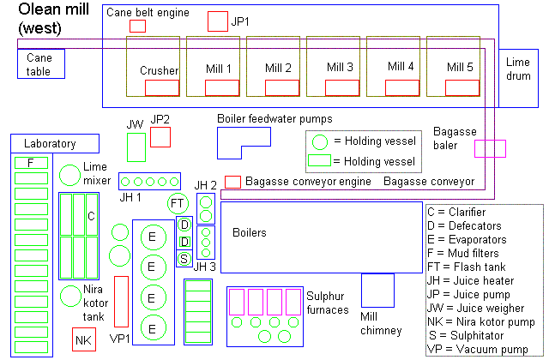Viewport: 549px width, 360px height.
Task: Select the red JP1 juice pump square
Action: (x=218, y=21)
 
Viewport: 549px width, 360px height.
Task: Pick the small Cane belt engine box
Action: (x=137, y=26)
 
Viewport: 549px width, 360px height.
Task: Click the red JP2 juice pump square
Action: (x=160, y=136)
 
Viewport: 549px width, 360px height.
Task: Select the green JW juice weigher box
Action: (x=136, y=147)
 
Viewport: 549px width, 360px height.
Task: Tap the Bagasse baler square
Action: (x=490, y=148)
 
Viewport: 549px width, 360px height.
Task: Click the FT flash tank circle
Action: (x=178, y=204)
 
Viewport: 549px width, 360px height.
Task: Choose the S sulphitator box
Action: (x=184, y=258)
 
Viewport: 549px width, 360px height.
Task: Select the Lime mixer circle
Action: (x=70, y=177)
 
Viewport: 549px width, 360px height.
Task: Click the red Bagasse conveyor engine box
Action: (x=232, y=182)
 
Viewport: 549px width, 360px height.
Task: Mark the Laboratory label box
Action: (x=49, y=144)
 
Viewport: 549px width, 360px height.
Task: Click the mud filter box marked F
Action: (x=30, y=162)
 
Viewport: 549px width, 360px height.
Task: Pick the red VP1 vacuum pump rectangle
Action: (x=121, y=300)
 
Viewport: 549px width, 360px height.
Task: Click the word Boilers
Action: (x=250, y=232)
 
